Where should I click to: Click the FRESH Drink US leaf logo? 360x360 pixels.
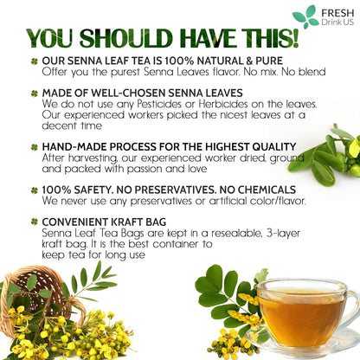point(305,16)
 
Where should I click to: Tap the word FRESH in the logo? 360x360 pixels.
point(336,11)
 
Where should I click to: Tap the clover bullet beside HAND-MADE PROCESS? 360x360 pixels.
point(34,148)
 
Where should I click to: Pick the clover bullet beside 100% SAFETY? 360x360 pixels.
point(34,189)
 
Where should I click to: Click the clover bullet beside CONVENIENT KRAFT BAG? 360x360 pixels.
point(34,221)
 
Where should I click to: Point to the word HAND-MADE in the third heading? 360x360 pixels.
point(72,148)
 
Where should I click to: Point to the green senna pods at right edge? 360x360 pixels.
point(333,156)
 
